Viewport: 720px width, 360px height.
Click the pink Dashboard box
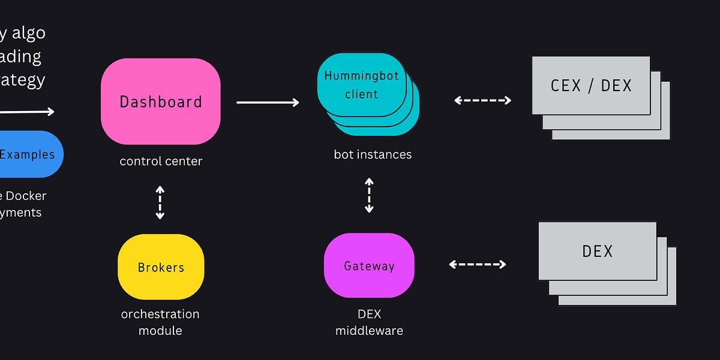(x=160, y=101)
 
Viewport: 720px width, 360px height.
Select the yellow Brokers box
(x=161, y=267)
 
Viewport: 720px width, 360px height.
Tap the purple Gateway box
(x=369, y=266)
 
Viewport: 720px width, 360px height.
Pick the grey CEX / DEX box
(x=591, y=85)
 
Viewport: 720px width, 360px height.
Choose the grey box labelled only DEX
(x=598, y=251)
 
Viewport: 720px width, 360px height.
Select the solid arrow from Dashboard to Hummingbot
(x=268, y=103)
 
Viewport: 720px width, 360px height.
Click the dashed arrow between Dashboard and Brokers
(x=160, y=202)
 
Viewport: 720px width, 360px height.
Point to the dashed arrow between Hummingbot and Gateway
(x=369, y=195)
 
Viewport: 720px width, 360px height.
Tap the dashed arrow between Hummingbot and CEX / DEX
(x=482, y=100)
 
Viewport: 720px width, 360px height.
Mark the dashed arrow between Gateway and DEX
(x=478, y=264)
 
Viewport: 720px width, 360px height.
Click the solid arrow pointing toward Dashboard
(x=27, y=111)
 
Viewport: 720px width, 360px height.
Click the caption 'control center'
(x=161, y=161)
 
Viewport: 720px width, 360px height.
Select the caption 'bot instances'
(x=373, y=154)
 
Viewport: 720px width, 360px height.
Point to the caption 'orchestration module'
(x=160, y=322)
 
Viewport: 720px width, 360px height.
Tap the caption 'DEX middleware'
(x=369, y=322)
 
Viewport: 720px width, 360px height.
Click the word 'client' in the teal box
(x=362, y=94)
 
